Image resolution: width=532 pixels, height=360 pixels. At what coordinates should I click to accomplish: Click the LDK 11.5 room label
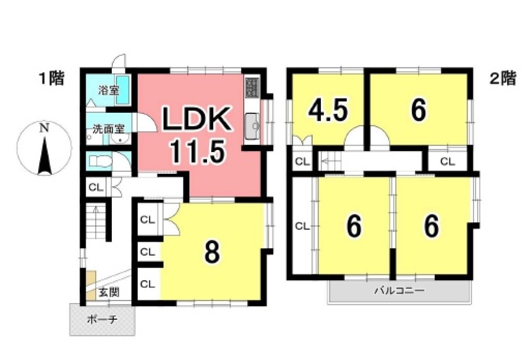(197, 135)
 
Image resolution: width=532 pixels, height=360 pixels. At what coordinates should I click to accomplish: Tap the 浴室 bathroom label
(109, 90)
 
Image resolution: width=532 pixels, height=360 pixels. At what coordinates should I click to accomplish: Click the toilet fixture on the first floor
(101, 161)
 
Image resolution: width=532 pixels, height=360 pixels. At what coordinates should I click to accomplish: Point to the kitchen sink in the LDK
(252, 126)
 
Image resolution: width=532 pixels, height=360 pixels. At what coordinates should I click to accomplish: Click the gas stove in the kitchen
(252, 87)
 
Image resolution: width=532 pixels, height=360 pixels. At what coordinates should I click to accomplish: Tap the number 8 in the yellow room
(212, 252)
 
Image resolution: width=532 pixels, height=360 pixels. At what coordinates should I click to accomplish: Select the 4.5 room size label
(328, 110)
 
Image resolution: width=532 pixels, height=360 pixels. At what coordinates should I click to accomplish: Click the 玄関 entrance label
(109, 292)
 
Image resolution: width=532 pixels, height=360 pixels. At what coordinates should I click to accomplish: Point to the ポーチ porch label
(102, 319)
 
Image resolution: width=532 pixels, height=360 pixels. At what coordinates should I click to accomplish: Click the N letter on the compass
(44, 128)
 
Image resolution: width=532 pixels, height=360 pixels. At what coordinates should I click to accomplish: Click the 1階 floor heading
(51, 79)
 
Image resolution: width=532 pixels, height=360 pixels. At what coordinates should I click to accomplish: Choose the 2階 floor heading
(503, 78)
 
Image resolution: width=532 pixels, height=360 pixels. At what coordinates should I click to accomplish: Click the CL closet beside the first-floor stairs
(96, 187)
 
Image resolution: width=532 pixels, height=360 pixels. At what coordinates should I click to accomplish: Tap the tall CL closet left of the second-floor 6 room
(303, 226)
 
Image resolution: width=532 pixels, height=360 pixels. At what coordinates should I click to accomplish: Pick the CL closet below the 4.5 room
(303, 162)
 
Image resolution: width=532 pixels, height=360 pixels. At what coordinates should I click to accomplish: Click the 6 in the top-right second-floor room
(418, 110)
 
